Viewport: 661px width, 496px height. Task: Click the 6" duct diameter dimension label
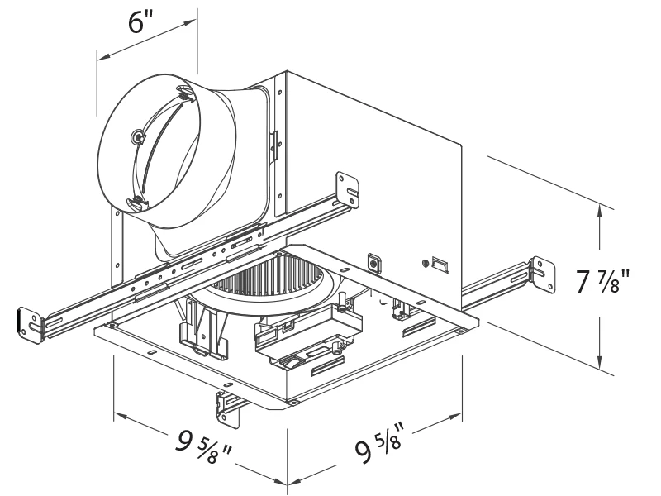[141, 22]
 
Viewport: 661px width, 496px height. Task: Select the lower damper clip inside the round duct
[133, 201]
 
